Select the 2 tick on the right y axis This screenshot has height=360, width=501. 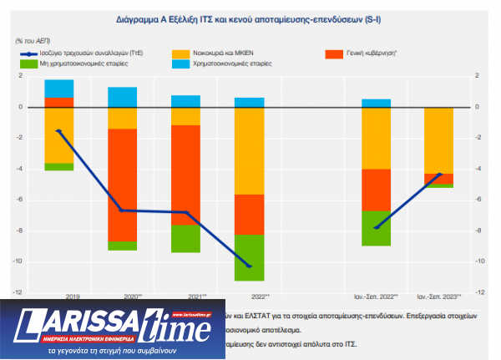tap(478, 76)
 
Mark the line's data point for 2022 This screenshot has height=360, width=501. tap(250, 266)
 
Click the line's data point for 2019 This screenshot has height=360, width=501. tap(58, 130)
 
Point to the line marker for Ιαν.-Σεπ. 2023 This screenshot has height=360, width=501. tap(439, 175)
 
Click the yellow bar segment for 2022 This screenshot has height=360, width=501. tap(250, 150)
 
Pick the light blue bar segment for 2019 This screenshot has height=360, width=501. tap(58, 89)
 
